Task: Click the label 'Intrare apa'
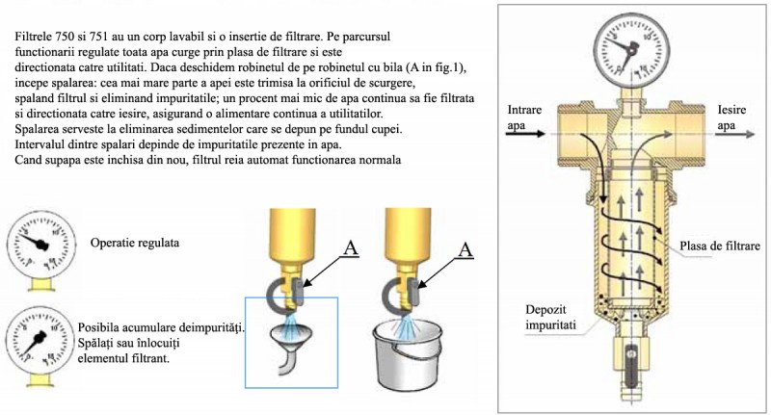tap(524, 117)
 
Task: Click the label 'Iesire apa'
tap(731, 117)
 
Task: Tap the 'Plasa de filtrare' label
tap(720, 246)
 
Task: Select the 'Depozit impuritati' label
tap(550, 317)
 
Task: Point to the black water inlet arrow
tap(525, 134)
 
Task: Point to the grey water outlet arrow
tap(734, 134)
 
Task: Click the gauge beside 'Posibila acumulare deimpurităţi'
tap(41, 340)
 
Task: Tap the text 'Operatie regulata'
tap(135, 243)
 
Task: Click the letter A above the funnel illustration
tap(350, 248)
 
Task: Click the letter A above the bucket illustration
tap(465, 249)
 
